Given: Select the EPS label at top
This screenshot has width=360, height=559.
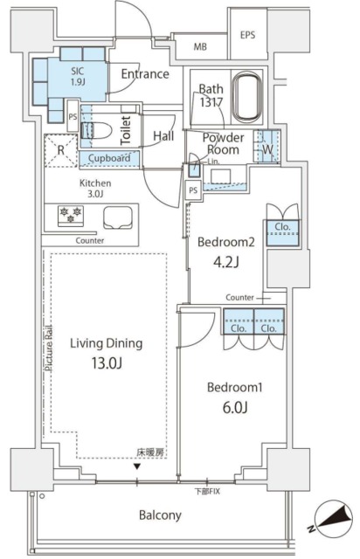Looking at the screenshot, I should (x=249, y=35).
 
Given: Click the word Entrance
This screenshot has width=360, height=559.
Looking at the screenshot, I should (x=145, y=74).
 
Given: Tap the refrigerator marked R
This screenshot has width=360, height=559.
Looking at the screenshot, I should (x=59, y=149).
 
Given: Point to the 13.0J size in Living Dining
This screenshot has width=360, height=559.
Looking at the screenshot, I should (x=106, y=365).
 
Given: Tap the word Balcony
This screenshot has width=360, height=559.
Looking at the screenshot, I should (x=160, y=515).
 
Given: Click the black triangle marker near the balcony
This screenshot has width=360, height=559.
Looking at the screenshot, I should (x=135, y=466).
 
